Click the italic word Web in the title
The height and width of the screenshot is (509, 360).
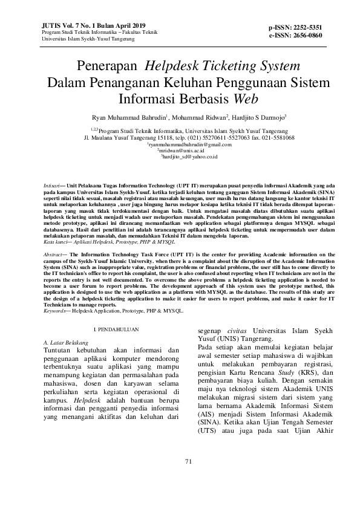pyautogui.click(x=247, y=97)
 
